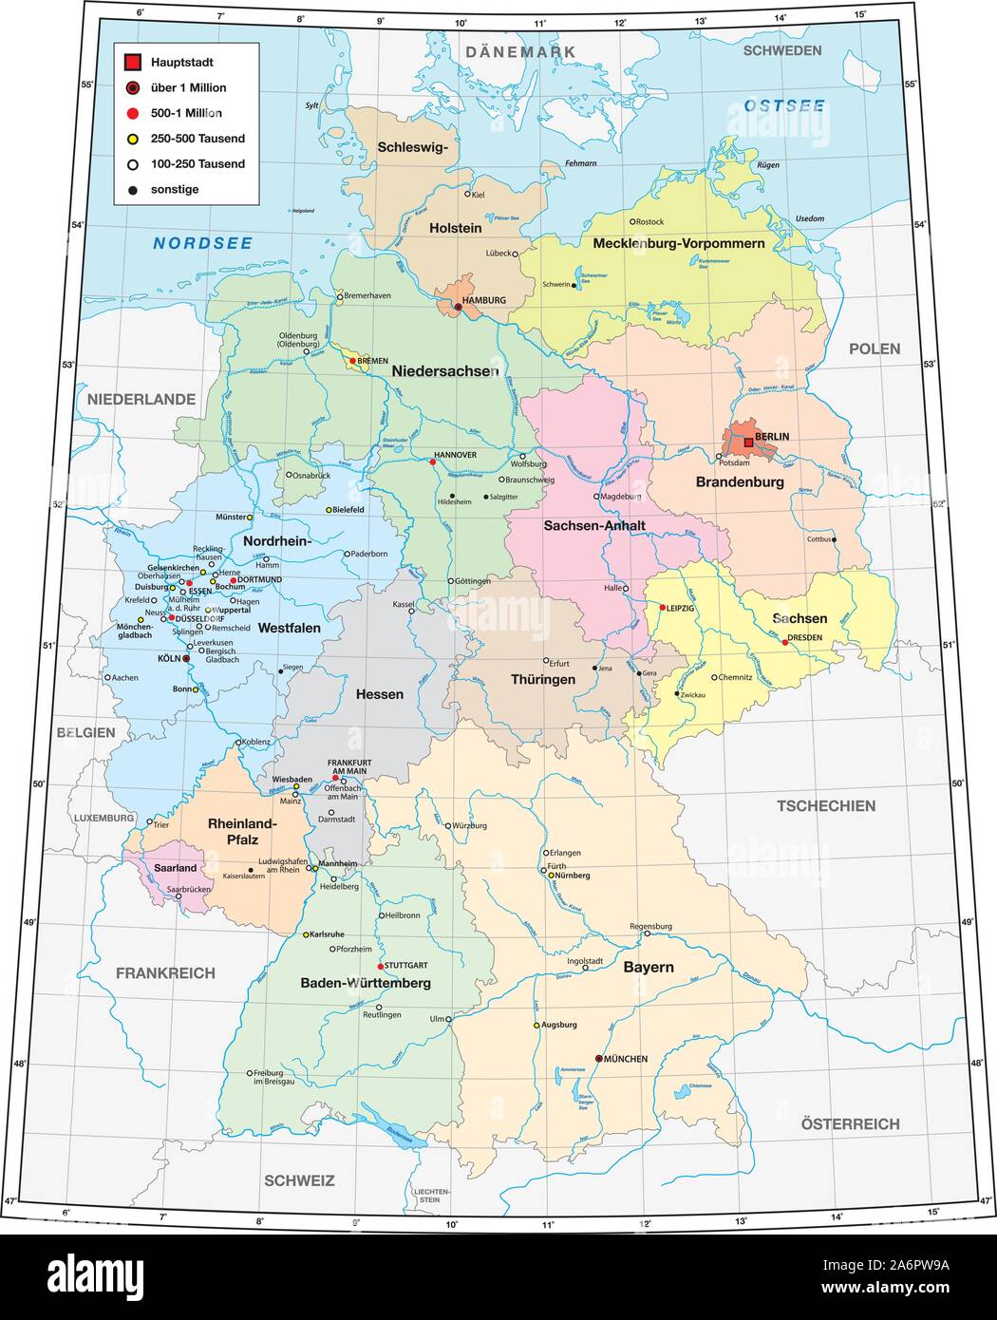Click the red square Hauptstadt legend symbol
pos(132,63)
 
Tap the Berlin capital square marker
pos(748,442)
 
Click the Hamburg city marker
pos(458,307)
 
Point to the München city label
pos(626,1059)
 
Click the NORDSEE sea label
pos(203,244)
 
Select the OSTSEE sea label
pos(784,105)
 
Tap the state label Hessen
pos(379,694)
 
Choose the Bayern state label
pos(649,967)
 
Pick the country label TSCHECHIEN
pos(826,805)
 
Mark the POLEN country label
pos(874,349)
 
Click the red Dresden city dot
pos(784,642)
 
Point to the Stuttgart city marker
pos(380,965)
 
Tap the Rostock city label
pos(649,222)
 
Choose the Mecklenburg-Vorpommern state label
pos(678,244)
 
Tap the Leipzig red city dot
pos(662,607)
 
